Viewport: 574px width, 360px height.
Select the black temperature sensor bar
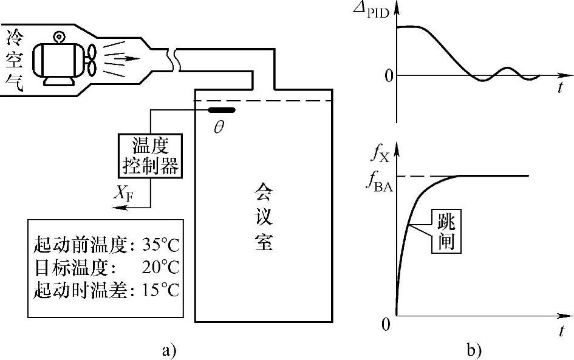point(222,110)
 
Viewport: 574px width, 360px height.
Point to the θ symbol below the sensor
point(219,128)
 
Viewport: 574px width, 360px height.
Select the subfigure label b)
point(474,349)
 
